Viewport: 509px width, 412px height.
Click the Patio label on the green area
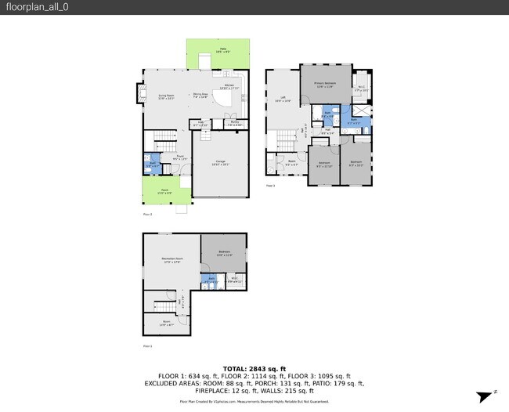pos(222,50)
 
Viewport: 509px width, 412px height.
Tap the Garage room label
pos(222,163)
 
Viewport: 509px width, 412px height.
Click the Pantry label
pos(234,124)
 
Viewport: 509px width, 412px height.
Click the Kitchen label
pos(229,86)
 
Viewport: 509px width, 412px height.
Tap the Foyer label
pos(179,157)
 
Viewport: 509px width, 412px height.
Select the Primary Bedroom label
pos(325,84)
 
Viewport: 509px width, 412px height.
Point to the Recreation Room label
pos(171,260)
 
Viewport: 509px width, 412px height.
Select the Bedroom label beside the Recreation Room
pos(224,253)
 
